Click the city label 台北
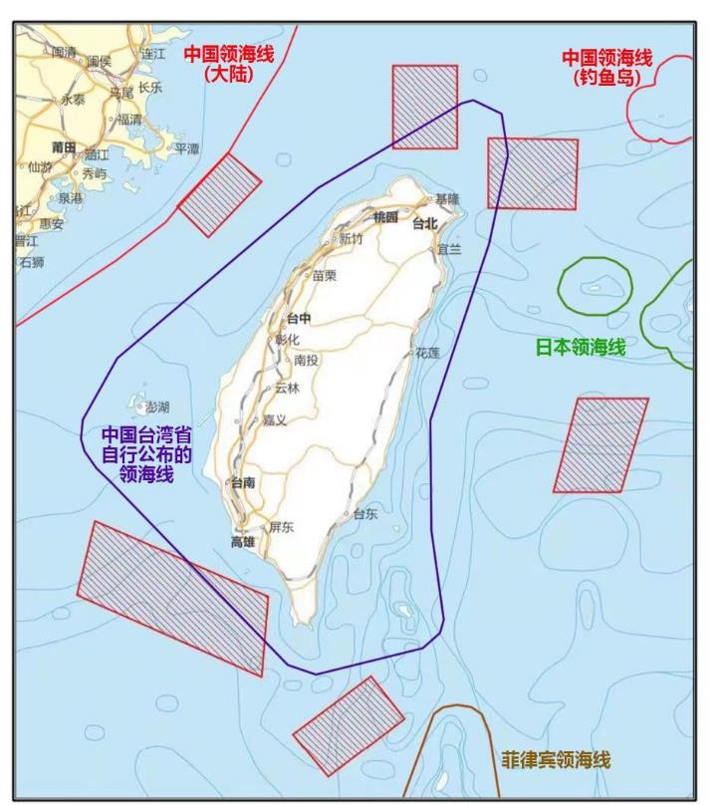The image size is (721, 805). (x=425, y=224)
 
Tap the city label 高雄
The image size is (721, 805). (x=243, y=541)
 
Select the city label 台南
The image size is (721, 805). (x=243, y=482)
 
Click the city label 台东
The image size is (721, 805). (x=364, y=514)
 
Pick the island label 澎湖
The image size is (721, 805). (x=157, y=407)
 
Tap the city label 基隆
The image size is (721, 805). (x=447, y=199)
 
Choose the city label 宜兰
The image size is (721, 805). (x=449, y=250)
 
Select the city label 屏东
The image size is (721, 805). (x=281, y=527)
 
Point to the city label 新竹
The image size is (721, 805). (x=351, y=239)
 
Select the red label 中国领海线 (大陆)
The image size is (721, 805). (x=227, y=62)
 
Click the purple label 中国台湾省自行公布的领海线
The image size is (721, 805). (x=146, y=455)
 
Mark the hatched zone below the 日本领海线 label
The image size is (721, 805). (x=601, y=444)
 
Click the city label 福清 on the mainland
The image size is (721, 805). (x=130, y=119)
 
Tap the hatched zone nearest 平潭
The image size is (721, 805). (x=219, y=194)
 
